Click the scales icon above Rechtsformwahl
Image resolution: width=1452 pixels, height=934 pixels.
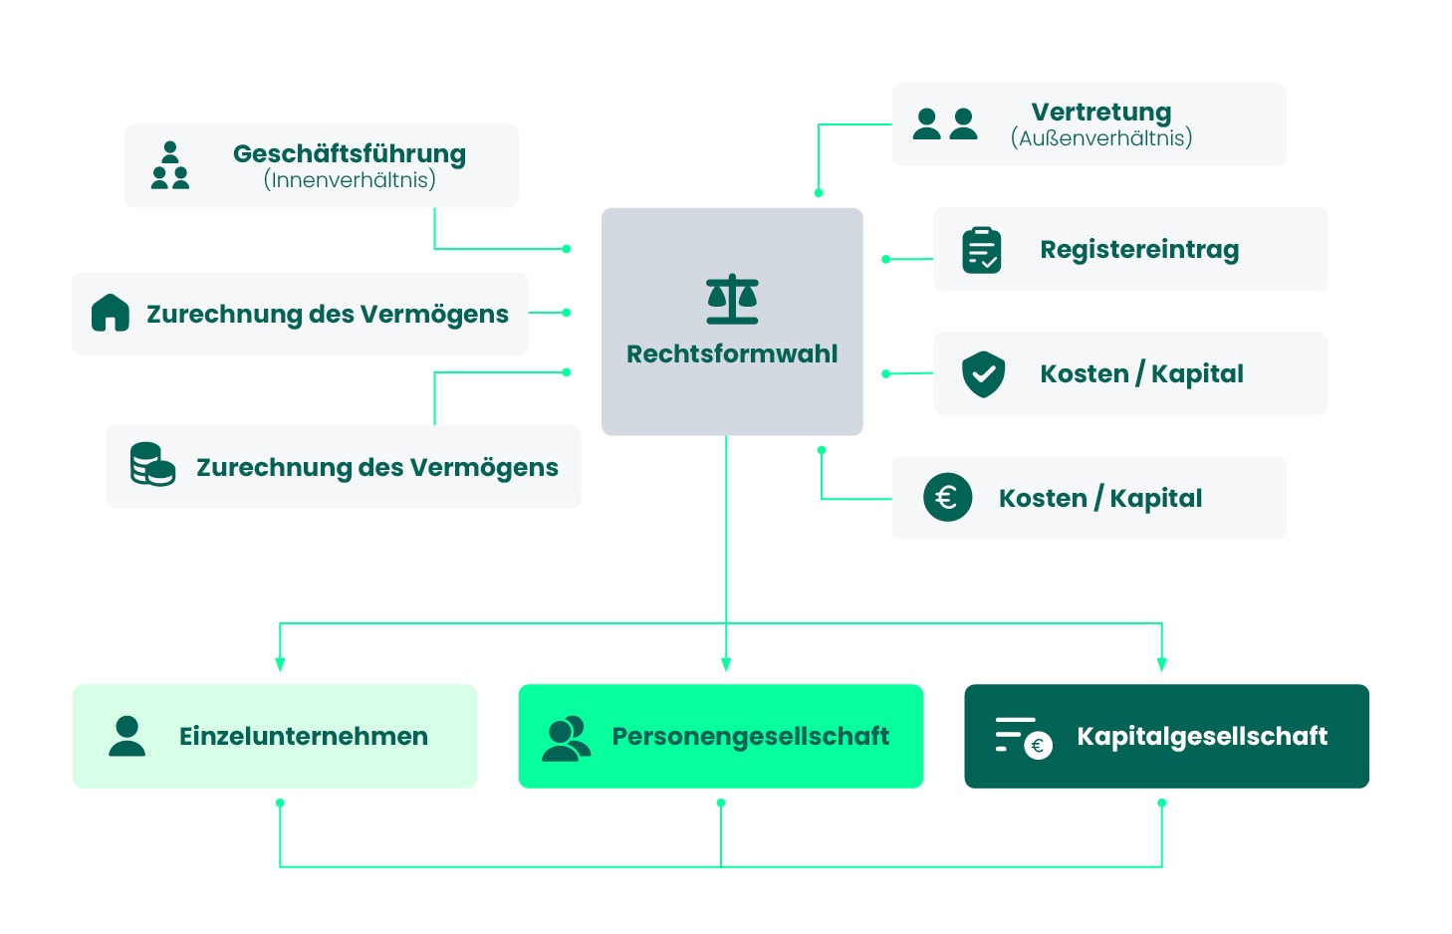coord(732,299)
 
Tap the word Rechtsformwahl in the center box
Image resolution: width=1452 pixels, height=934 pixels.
coord(732,353)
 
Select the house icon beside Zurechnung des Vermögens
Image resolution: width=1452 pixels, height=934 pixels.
coord(111,313)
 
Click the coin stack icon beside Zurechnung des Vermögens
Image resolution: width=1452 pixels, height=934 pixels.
coord(152,465)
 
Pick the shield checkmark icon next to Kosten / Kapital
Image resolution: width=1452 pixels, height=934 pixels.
coord(983,373)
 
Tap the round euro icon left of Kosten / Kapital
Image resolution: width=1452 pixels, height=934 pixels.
coord(947,497)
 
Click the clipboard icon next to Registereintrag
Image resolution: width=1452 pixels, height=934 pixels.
coord(982,250)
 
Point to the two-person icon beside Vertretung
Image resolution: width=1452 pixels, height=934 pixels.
coord(945,123)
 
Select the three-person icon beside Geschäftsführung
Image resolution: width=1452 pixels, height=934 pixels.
coord(170,165)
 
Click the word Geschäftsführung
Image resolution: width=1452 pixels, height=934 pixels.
coord(350,153)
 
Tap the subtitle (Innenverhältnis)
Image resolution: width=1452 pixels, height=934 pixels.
coord(350,180)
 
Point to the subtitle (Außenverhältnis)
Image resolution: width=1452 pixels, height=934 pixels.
coord(1101,138)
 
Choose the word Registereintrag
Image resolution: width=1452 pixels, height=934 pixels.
coord(1139,249)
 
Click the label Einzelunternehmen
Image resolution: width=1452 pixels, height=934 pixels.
coord(304,736)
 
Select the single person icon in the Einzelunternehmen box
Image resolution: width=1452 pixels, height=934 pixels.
coord(126,736)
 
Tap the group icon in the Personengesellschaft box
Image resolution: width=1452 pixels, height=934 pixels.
coord(566,739)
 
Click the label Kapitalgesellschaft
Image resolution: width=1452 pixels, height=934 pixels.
coord(1202,736)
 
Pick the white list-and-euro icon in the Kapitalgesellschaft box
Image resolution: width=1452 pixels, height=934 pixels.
coord(1023,738)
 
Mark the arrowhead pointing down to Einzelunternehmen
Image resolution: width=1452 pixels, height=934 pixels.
coord(280,664)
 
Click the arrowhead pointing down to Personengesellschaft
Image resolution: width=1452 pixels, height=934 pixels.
coord(726,664)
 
